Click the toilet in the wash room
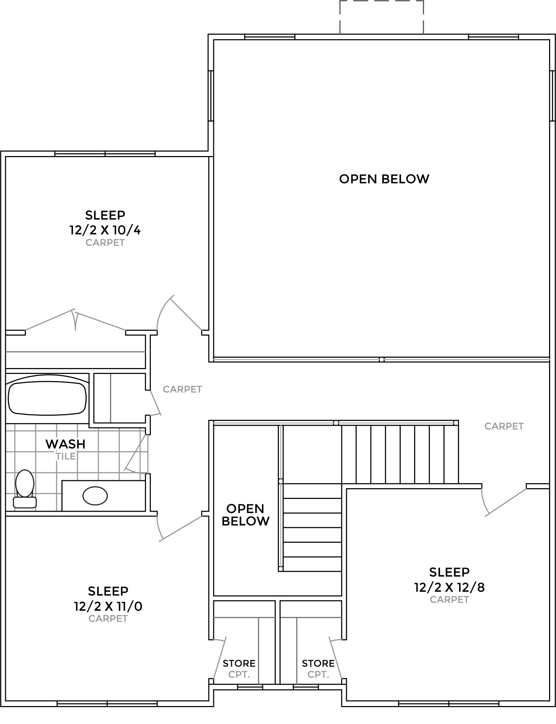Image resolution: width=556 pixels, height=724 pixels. coord(25,489)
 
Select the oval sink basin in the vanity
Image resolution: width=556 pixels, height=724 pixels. coord(95,496)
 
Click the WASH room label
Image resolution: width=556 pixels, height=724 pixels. coord(66,444)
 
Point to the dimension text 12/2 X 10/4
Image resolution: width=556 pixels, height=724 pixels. coord(105,230)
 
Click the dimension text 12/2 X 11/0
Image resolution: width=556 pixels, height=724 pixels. coord(108,606)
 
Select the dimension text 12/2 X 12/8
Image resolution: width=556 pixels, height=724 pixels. coord(449,587)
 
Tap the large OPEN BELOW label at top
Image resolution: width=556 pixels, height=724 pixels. coord(384,179)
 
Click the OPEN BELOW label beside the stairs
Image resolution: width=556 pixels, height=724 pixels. coord(245,515)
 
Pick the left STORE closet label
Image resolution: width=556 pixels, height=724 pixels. coord(239,663)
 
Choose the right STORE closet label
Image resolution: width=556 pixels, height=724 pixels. coord(318,663)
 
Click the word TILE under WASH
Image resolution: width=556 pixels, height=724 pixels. coord(66,456)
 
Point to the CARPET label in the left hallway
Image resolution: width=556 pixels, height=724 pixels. coord(182,389)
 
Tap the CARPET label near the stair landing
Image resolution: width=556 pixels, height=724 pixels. coord(504,426)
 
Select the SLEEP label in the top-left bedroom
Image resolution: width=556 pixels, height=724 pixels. coord(105,215)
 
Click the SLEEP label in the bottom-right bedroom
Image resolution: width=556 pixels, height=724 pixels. coord(449,572)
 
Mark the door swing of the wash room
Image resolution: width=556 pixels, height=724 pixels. coord(137,454)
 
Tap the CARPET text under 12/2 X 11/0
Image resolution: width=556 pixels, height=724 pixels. coord(108,619)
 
